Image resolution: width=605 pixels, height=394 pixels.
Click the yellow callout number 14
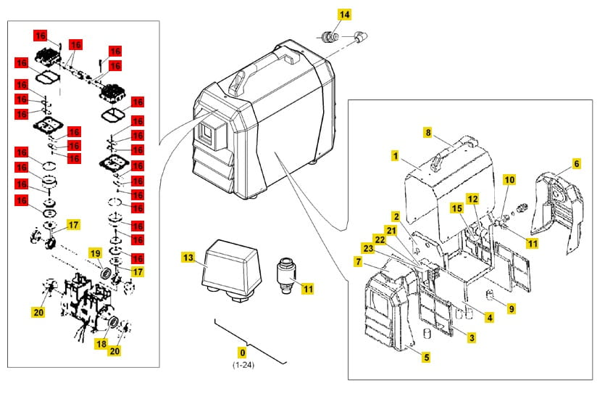coord(344,15)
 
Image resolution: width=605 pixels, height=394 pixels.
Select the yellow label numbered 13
coord(188,258)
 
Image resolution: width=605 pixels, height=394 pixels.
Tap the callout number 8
coord(427,134)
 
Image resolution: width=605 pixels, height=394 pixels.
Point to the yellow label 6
coord(576,164)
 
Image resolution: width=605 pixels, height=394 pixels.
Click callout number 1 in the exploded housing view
coord(396,155)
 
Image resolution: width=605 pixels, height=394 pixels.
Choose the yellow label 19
coord(95,253)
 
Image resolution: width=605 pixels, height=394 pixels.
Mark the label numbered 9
coord(512,308)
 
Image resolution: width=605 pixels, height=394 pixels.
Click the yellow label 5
coord(426,357)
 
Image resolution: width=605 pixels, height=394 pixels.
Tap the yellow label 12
coord(472,198)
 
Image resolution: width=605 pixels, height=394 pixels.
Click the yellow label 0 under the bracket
coord(242,352)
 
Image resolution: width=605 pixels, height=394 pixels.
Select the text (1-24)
coord(242,364)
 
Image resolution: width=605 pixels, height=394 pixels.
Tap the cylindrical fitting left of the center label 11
coord(288,274)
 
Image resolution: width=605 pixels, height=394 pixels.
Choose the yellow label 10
coord(509,179)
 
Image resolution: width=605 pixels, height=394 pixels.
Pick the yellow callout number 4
coord(490,317)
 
